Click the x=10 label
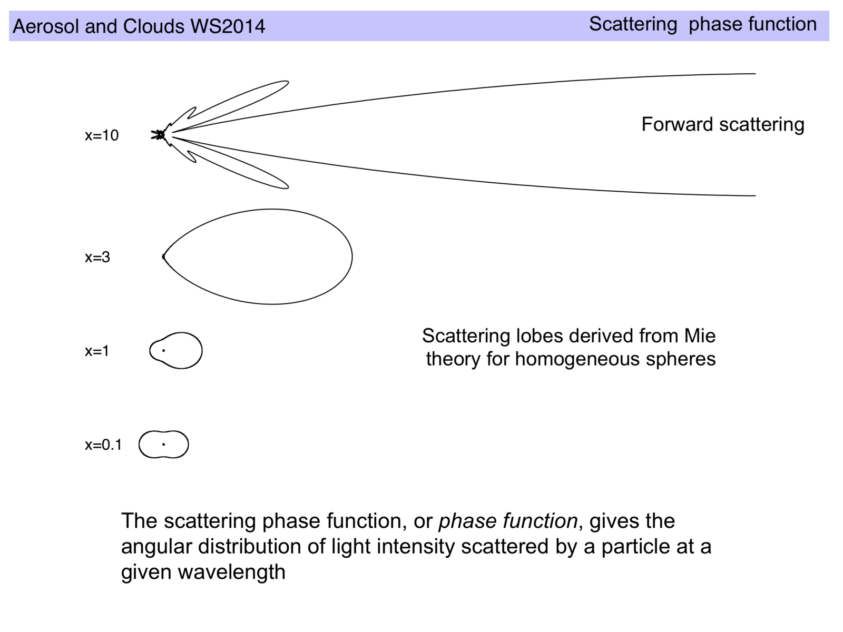pyautogui.click(x=102, y=135)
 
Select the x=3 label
pyautogui.click(x=97, y=257)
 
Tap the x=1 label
pyautogui.click(x=97, y=351)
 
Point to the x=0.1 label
pyautogui.click(x=103, y=445)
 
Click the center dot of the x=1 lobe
pyautogui.click(x=164, y=350)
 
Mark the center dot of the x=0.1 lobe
pyautogui.click(x=164, y=445)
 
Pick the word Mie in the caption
pyautogui.click(x=700, y=336)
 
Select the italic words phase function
pyautogui.click(x=508, y=521)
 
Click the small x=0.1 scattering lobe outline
pyautogui.click(x=139, y=445)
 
